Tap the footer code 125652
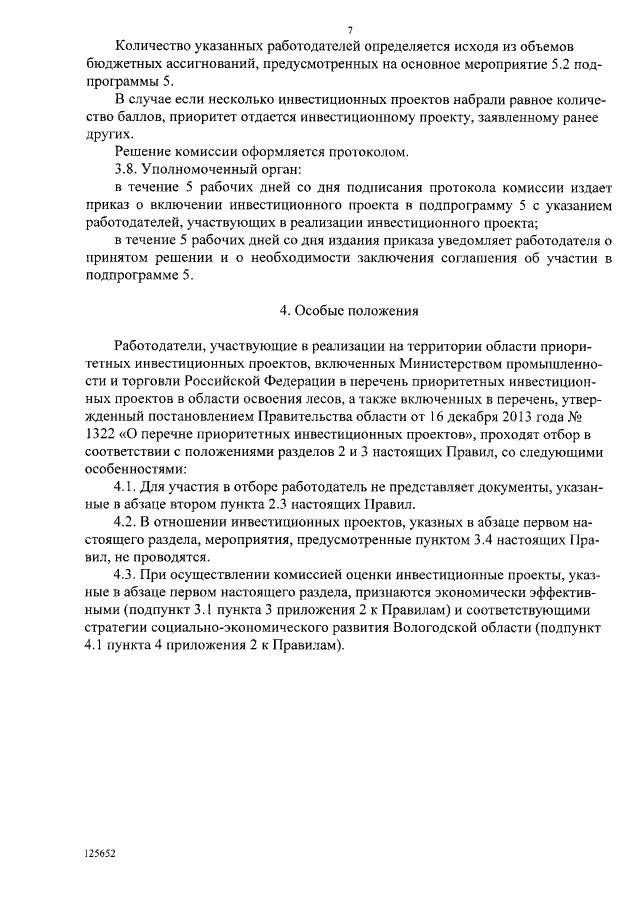point(101,854)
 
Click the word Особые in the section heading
point(326,310)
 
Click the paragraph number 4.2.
point(129,521)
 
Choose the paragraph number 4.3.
point(129,575)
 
